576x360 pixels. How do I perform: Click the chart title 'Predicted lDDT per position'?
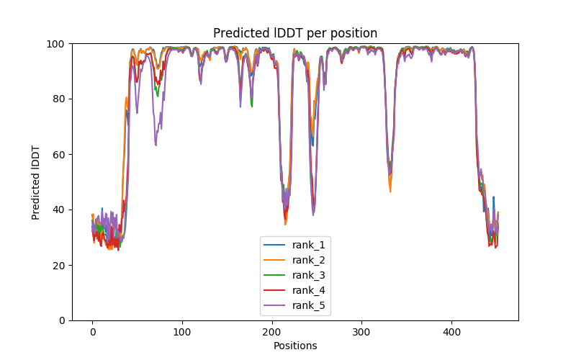pyautogui.click(x=295, y=33)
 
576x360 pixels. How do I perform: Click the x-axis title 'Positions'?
pyautogui.click(x=295, y=346)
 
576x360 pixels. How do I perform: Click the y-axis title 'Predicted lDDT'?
pyautogui.click(x=36, y=182)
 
